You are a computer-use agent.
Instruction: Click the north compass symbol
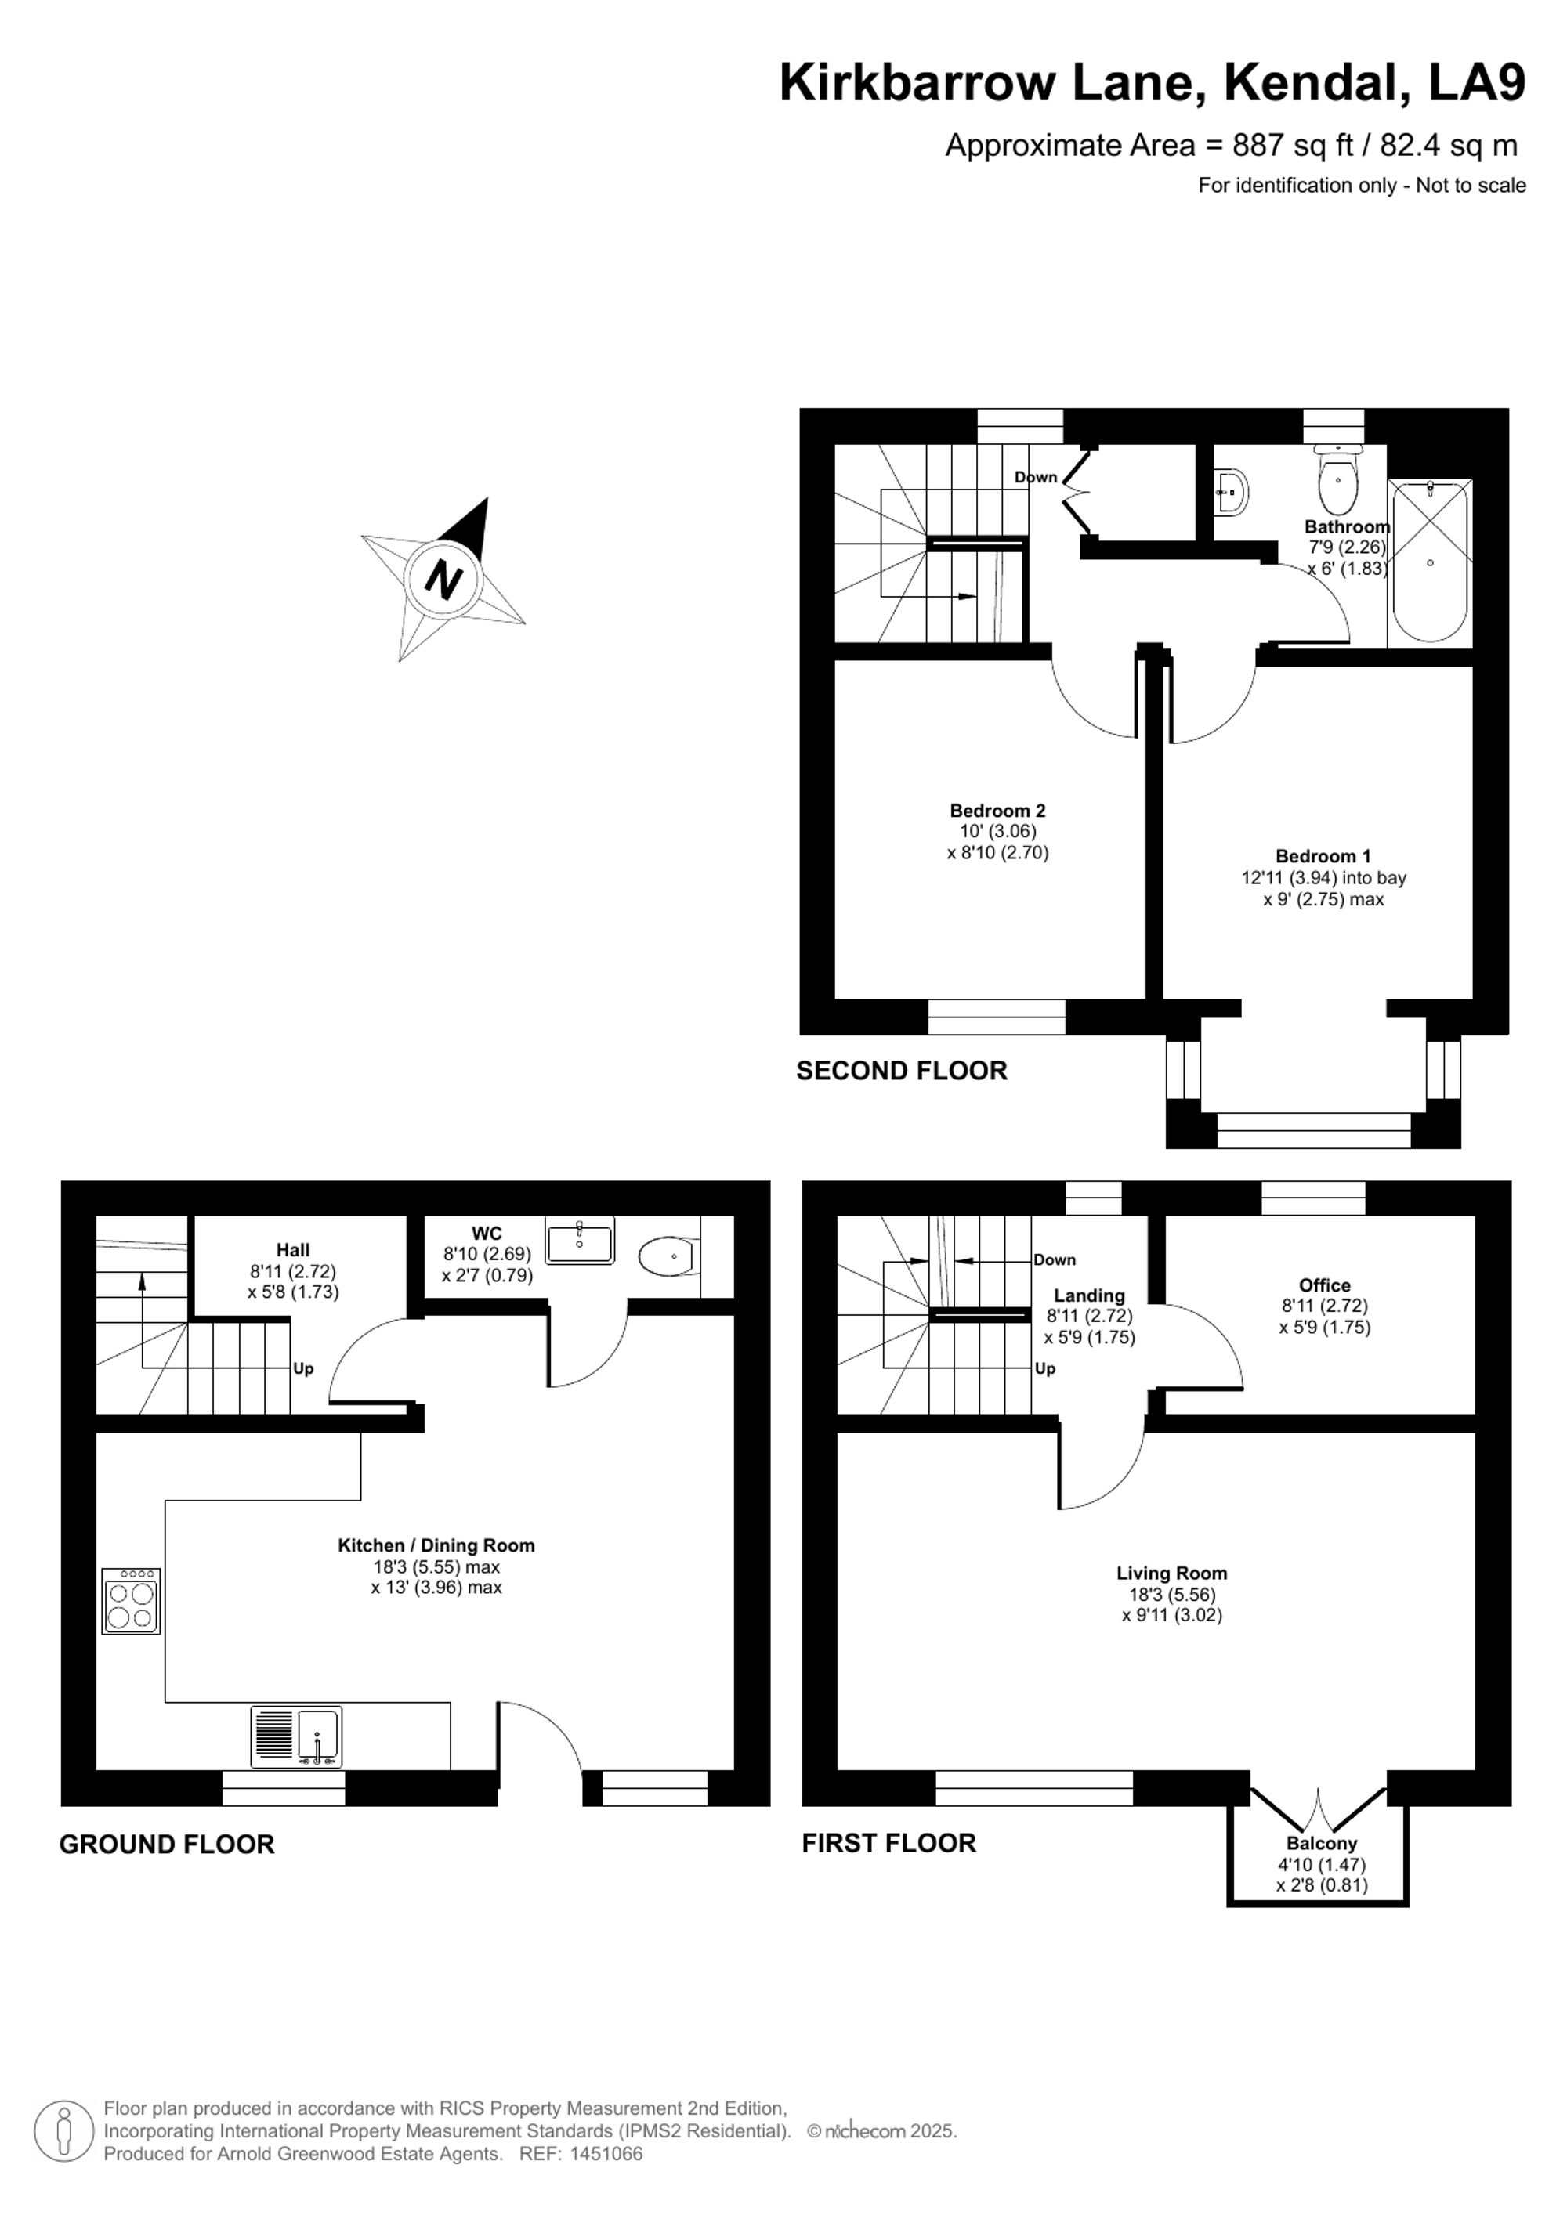[x=443, y=580]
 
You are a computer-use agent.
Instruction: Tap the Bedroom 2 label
[x=997, y=811]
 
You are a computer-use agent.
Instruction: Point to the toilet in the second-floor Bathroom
[x=1337, y=479]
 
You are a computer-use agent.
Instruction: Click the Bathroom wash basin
[x=1230, y=492]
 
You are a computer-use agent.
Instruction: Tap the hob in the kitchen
[x=131, y=1600]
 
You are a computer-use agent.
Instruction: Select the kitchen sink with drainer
[x=296, y=1736]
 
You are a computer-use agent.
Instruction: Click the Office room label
[x=1324, y=1285]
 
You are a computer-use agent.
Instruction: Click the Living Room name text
[x=1171, y=1573]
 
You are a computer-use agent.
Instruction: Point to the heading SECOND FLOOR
[x=901, y=1071]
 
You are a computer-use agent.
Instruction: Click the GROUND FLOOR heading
[x=167, y=1845]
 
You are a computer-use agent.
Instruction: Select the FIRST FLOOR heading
[x=888, y=1844]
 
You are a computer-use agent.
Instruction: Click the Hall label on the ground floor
[x=293, y=1250]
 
